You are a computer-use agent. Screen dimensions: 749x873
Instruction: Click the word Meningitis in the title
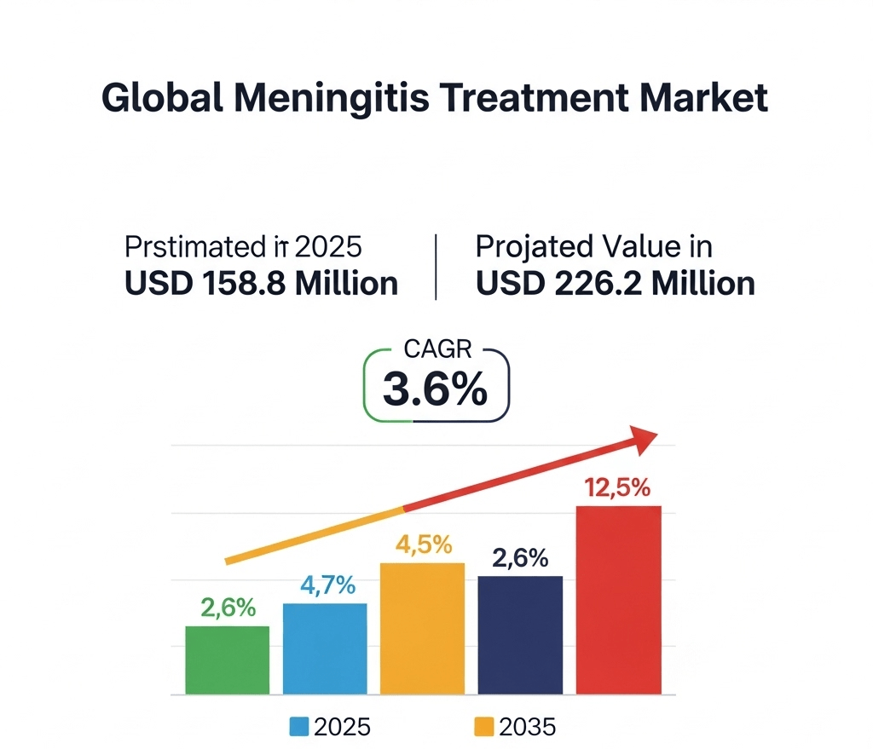coord(340,99)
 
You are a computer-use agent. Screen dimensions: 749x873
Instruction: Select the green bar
coord(227,660)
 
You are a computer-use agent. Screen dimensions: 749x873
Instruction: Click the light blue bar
coord(325,648)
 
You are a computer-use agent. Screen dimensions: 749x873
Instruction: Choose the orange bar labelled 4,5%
coord(423,628)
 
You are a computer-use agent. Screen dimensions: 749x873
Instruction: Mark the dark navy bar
coord(520,635)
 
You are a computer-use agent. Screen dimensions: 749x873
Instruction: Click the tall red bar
coord(618,600)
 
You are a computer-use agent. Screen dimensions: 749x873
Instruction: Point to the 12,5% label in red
coord(618,488)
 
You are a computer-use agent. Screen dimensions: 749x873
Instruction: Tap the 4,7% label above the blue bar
coord(327,586)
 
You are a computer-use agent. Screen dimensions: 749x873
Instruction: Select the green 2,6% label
coord(228,608)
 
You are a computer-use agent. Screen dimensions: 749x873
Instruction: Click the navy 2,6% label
coord(520,559)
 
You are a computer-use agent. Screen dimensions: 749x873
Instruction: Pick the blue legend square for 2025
coord(299,726)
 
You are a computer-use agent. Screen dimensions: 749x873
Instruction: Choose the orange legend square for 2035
coord(483,726)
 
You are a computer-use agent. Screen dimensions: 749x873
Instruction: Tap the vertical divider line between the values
coord(436,268)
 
